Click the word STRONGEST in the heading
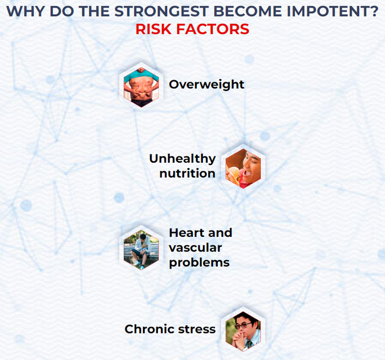coord(161,12)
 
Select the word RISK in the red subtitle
coord(153,29)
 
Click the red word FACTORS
coord(213,29)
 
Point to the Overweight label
coord(206,85)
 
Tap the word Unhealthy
coord(183,159)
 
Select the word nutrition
coord(188,174)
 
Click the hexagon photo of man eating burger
coord(243,168)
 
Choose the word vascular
coord(195,248)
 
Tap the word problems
coord(199,263)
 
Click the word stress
coord(197,329)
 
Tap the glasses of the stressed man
coord(243,325)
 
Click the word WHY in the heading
coord(25,12)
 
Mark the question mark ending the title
coord(374,12)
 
